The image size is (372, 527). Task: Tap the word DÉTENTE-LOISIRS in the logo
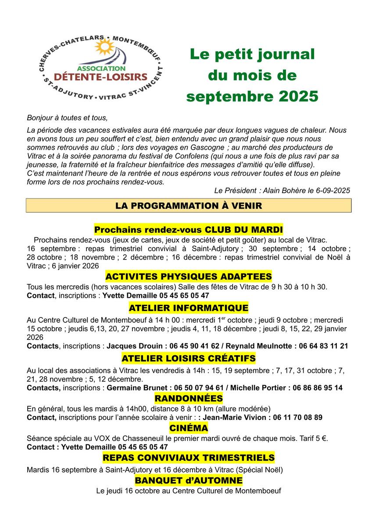click(100, 77)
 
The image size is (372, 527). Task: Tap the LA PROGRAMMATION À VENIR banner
click(189, 206)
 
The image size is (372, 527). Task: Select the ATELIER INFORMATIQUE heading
click(189, 307)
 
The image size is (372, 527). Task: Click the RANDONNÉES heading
click(189, 398)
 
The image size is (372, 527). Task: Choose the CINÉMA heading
click(189, 428)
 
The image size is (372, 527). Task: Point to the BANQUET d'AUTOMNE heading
click(189, 480)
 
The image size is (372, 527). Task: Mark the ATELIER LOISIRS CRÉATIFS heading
click(189, 358)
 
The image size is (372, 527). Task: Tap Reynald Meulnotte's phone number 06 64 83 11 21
click(323, 346)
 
